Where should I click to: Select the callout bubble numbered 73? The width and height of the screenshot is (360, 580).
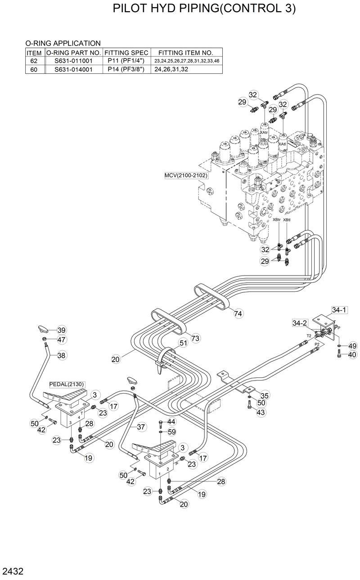click(195, 338)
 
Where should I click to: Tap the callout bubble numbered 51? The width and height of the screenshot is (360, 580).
click(183, 343)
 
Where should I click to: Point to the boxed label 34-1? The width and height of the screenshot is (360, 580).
click(339, 310)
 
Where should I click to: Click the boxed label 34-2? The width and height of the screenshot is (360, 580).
click(299, 323)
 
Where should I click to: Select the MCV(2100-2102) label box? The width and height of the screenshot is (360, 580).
click(186, 175)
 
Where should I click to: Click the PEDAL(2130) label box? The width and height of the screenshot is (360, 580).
click(67, 384)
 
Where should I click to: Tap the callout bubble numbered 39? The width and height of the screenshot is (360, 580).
click(62, 330)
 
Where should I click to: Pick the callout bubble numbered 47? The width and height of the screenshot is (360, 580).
click(62, 340)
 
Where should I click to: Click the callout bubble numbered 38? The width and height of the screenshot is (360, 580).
click(62, 355)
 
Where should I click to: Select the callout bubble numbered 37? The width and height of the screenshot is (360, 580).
click(141, 426)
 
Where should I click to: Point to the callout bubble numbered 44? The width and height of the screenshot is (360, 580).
click(171, 421)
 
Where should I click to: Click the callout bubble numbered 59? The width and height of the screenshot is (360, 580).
click(171, 431)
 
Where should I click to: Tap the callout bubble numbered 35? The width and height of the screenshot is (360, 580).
click(265, 395)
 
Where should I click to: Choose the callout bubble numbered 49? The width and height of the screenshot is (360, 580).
click(352, 346)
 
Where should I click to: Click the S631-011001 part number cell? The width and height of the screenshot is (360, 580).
click(73, 61)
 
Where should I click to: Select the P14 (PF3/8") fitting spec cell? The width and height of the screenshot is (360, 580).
click(126, 69)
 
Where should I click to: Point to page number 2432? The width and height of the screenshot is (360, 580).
click(12, 572)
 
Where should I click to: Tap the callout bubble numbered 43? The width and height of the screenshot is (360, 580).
click(261, 412)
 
